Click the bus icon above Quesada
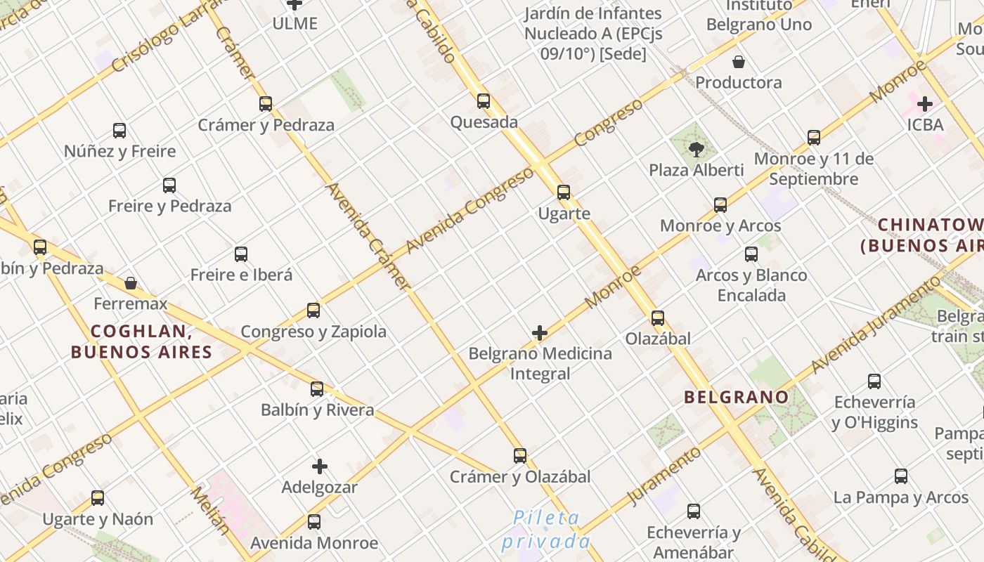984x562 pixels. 484,101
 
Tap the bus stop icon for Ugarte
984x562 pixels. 564,192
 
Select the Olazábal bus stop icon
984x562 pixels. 658,318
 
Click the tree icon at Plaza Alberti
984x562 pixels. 697,149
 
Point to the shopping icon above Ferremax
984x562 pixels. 131,283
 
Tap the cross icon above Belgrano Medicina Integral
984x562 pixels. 540,333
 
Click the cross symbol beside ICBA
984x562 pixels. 925,105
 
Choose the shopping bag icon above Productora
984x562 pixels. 739,62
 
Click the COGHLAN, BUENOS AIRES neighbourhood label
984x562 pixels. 141,341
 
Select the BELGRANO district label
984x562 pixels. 737,397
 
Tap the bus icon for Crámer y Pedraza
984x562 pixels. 266,104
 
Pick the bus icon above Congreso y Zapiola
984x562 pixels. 313,311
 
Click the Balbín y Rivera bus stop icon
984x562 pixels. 317,389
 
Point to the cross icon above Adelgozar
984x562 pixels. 320,466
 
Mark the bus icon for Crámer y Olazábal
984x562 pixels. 520,456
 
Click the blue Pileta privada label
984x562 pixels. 546,530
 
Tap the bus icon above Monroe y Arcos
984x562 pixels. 720,205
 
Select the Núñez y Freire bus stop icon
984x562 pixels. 119,131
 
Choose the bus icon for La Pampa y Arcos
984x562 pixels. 901,476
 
